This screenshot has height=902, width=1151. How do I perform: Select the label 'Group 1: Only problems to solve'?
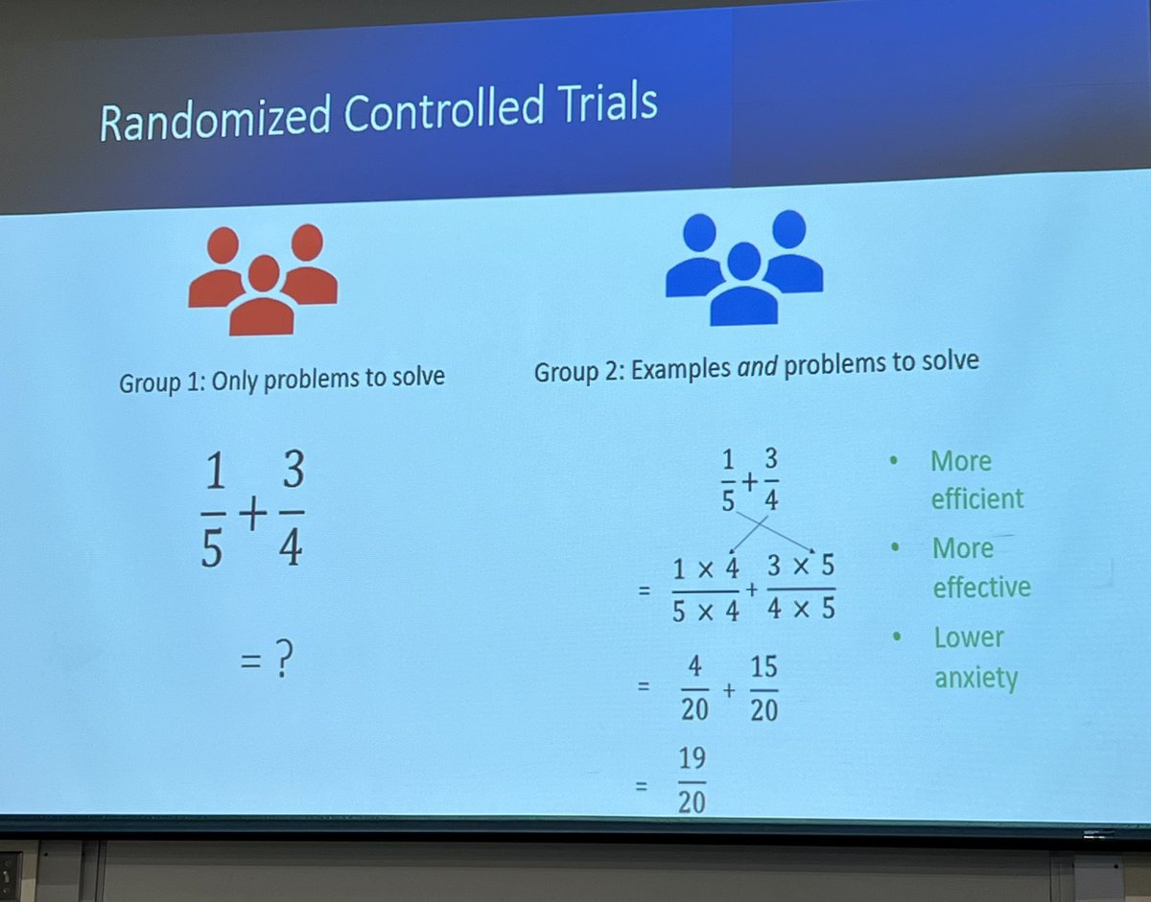point(282,379)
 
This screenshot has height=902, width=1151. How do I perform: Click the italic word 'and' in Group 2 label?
point(758,365)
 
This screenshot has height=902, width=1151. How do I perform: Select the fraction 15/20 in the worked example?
point(763,688)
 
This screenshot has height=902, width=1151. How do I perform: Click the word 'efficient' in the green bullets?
point(977,498)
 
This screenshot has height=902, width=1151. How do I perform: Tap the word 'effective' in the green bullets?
point(981,587)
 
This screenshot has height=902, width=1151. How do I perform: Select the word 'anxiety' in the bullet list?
point(975,678)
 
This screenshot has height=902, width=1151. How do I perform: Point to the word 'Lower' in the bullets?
point(969,637)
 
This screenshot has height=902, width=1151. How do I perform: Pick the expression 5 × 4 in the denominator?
point(705,611)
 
